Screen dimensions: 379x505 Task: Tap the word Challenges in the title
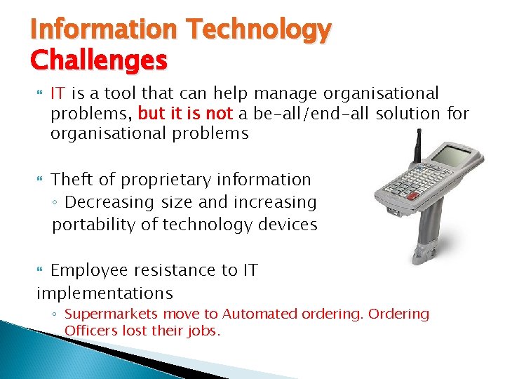[x=99, y=60]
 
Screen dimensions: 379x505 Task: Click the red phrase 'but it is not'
[x=185, y=114]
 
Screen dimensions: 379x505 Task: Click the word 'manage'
[x=284, y=93]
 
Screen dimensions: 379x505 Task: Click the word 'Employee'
[x=90, y=270]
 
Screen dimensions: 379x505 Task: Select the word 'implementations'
[x=105, y=293]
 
